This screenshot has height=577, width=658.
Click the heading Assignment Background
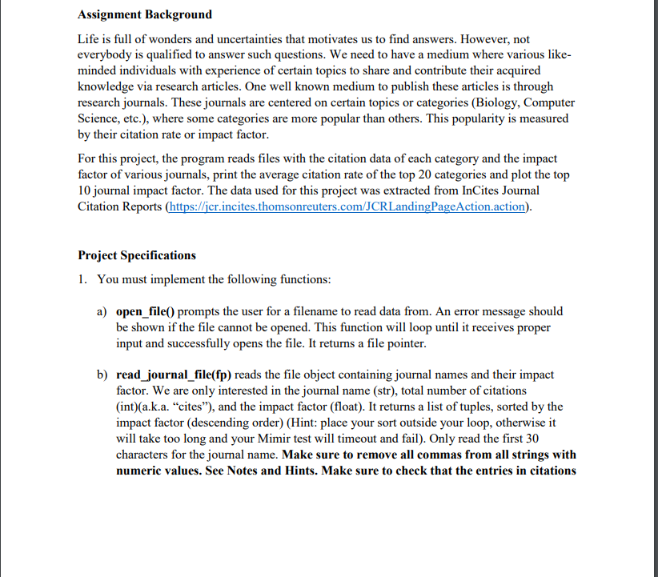[145, 14]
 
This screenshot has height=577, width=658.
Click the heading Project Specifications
[137, 255]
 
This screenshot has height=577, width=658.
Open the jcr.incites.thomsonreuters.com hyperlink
[347, 206]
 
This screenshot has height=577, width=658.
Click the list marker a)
[102, 311]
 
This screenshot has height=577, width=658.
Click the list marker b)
[102, 375]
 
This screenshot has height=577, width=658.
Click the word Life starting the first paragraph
[89, 38]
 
